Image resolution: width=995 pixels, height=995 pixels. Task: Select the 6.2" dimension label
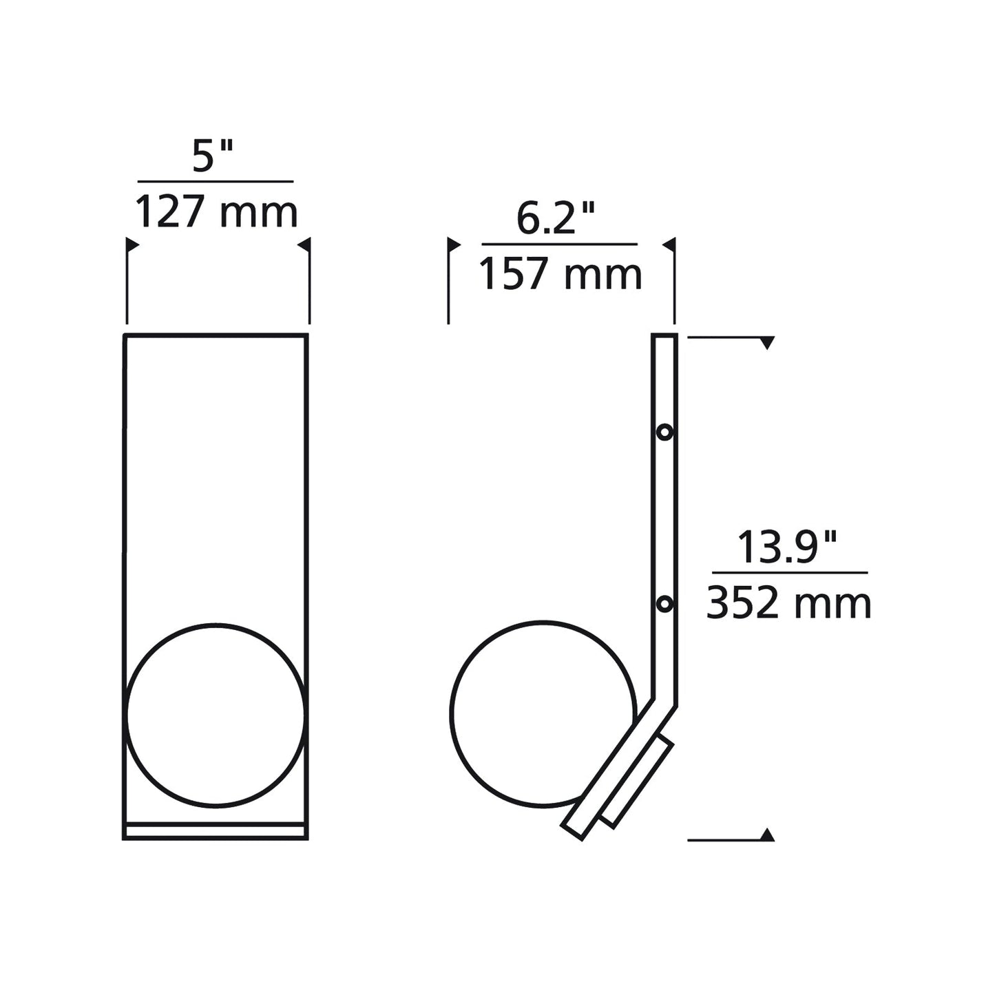(x=556, y=219)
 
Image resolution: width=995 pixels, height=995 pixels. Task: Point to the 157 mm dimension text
(x=560, y=273)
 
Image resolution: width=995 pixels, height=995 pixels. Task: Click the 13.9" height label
(x=788, y=548)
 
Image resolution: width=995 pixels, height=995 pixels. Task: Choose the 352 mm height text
(x=789, y=603)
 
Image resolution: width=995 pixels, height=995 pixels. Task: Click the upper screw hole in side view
(x=664, y=432)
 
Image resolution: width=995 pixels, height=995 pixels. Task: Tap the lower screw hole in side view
(x=664, y=604)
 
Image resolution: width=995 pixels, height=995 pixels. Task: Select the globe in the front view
(x=216, y=715)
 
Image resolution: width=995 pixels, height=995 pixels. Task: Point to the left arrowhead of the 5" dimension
(x=132, y=244)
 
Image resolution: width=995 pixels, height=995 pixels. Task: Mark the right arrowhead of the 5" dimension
(x=304, y=244)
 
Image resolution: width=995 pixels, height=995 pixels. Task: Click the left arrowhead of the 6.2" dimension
(x=454, y=244)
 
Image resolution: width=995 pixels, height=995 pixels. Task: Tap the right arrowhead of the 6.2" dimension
(x=669, y=244)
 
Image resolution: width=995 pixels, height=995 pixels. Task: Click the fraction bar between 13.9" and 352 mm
(x=790, y=572)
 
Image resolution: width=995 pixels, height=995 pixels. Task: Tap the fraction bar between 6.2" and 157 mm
(x=559, y=244)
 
